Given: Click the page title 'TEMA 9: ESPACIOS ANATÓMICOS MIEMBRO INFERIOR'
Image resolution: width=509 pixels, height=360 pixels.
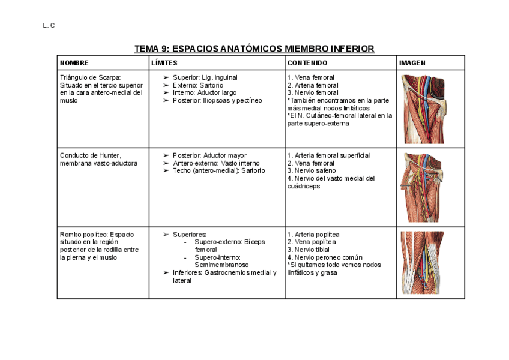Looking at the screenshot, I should (254, 48).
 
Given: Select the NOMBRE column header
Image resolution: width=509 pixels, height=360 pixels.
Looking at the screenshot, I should (74, 62).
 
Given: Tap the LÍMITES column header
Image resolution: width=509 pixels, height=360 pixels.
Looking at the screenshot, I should (164, 62).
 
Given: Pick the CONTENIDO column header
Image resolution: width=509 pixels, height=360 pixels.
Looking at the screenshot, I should (307, 62).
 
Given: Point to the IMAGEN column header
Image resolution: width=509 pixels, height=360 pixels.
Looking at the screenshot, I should (412, 62).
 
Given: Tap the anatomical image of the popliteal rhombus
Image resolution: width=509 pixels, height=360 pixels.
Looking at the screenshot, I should (422, 262).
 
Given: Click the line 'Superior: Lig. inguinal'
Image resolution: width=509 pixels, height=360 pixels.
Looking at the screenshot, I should (205, 77).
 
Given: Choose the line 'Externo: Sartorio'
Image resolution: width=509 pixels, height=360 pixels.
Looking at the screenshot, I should (197, 85).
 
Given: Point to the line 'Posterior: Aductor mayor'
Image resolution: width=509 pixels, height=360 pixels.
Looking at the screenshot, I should (209, 155).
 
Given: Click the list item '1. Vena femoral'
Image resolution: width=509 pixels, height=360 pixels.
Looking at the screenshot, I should (310, 77).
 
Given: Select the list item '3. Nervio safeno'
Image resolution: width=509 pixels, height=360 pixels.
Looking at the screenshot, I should (312, 170).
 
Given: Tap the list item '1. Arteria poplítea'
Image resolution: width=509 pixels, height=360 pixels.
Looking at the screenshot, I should (313, 234).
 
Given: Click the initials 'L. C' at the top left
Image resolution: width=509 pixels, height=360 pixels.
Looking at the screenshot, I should (49, 26).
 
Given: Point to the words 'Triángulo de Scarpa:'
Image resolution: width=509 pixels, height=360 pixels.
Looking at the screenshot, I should (91, 77).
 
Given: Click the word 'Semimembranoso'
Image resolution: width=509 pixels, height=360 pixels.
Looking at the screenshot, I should (221, 265).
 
